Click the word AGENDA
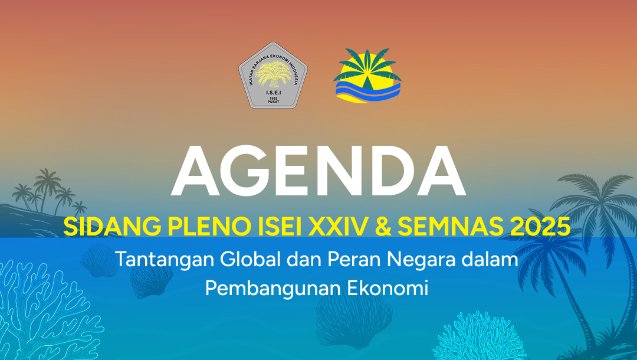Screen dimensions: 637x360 point(318,171)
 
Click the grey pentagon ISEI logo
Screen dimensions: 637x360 point(273,75)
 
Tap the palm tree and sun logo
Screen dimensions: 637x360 point(367,76)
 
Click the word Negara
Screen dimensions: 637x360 point(421,260)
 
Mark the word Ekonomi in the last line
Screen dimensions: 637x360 point(388,288)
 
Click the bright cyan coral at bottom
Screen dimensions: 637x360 point(478,336)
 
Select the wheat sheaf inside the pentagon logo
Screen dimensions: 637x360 point(273,74)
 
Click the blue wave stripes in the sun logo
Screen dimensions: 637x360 point(367,90)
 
